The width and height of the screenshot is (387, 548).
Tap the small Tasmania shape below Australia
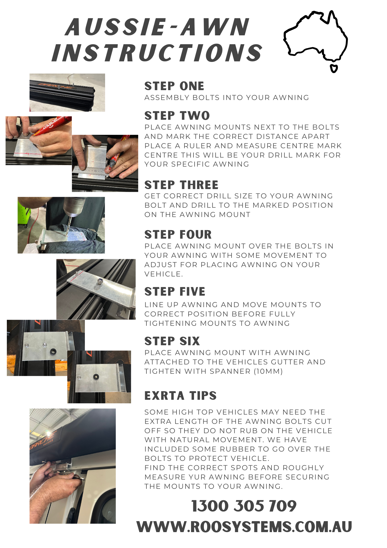334,68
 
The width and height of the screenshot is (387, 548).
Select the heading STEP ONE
174,86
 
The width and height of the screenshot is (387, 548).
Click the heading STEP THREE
181,185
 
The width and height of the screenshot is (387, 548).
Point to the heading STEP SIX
172,341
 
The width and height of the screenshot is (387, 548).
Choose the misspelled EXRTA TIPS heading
180,396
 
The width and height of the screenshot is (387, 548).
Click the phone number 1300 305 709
244,506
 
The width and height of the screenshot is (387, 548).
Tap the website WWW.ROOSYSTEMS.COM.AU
244,527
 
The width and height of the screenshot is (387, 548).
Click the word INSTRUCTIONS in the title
157,53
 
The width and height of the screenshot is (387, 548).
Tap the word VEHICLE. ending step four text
163,274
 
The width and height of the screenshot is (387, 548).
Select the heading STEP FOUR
178,235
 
